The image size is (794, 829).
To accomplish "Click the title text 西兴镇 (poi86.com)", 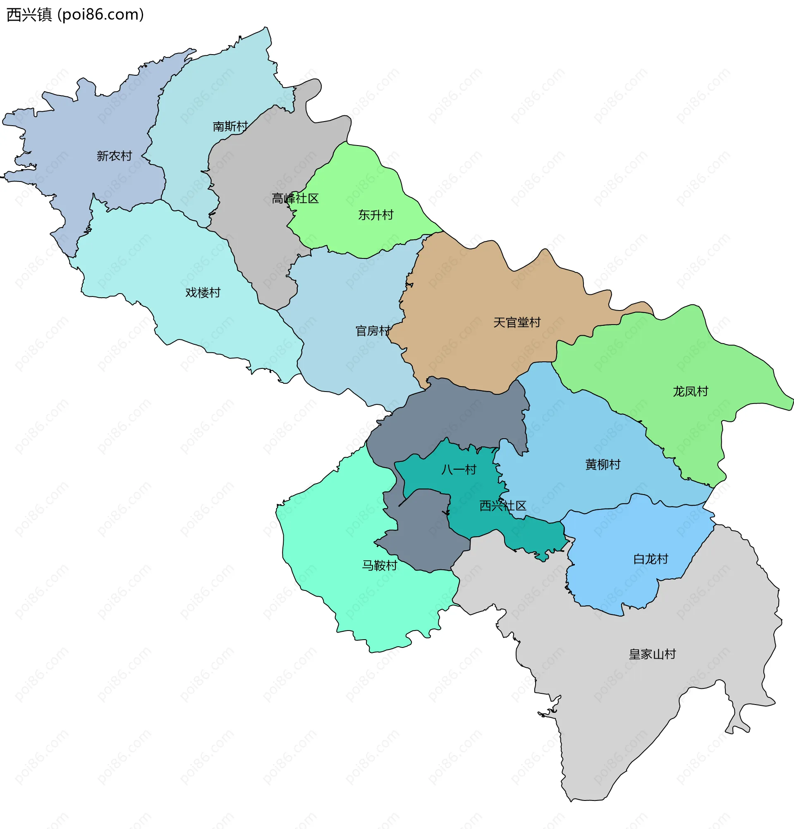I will [x=75, y=15].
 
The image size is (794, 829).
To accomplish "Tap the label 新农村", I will [x=114, y=156].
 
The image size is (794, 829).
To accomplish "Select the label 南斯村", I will [x=230, y=127].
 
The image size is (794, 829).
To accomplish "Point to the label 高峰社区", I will [x=295, y=198].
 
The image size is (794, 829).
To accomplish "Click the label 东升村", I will [x=375, y=215].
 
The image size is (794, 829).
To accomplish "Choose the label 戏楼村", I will [x=203, y=292].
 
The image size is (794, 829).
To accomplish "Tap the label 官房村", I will [x=373, y=331].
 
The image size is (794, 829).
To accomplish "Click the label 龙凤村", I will [x=690, y=391].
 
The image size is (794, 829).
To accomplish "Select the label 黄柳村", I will [x=603, y=464].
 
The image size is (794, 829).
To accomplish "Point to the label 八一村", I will [x=459, y=469].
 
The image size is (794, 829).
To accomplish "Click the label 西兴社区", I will [x=502, y=505].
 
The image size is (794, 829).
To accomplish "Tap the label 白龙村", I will [x=650, y=559].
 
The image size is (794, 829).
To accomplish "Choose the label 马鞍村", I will [x=380, y=566].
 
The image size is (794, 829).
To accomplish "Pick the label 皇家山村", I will [x=652, y=655].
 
